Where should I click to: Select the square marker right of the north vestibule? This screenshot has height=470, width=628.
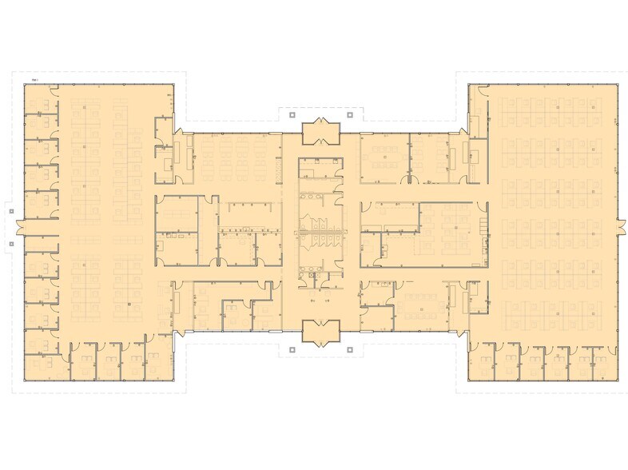coord(350,115)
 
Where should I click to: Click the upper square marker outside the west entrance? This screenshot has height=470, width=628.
coord(12,212)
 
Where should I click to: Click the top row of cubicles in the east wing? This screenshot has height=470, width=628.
coord(551,108)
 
